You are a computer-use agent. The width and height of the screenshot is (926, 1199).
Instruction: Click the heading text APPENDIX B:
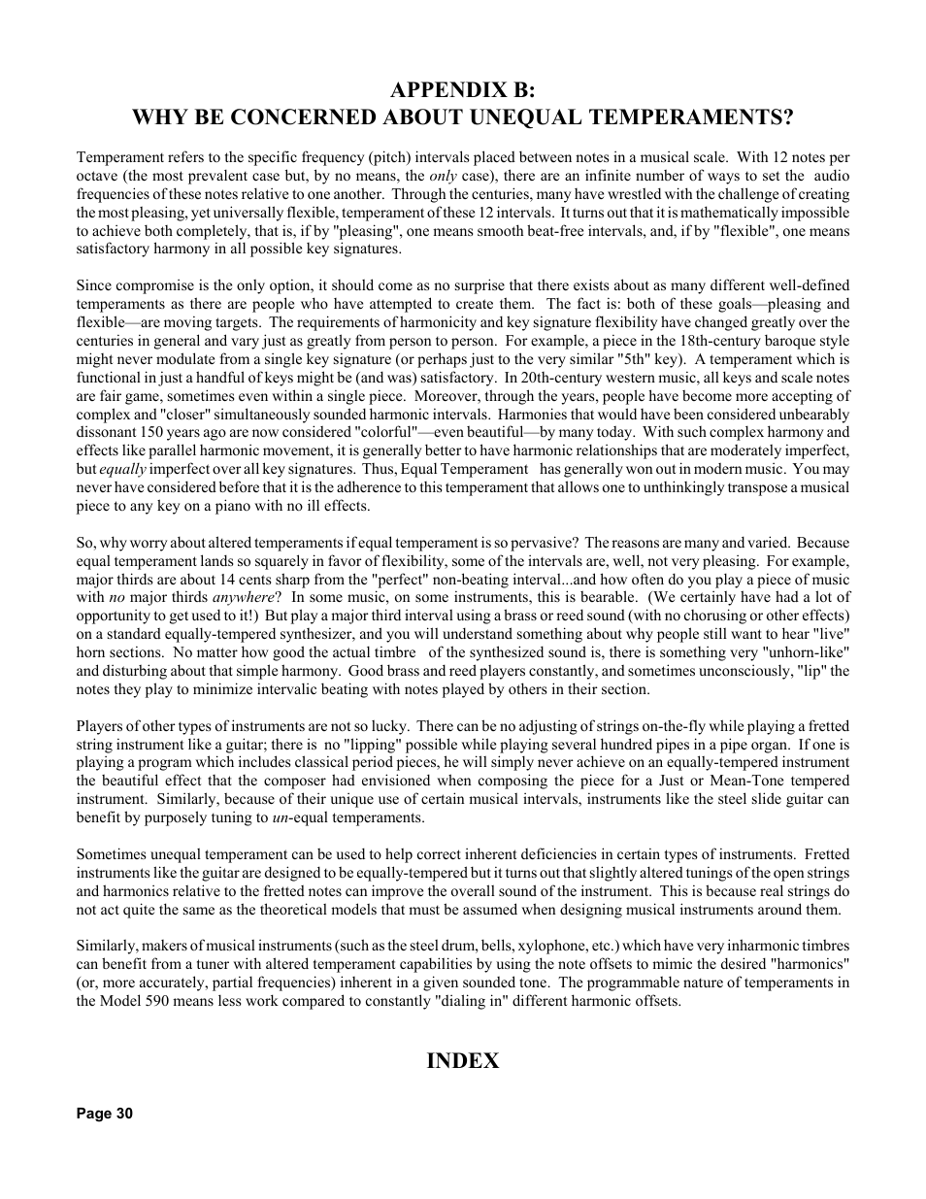(x=462, y=90)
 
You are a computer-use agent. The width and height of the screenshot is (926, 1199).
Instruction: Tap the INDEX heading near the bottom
(x=462, y=1061)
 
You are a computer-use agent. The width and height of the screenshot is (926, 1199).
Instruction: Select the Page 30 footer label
(x=104, y=1114)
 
